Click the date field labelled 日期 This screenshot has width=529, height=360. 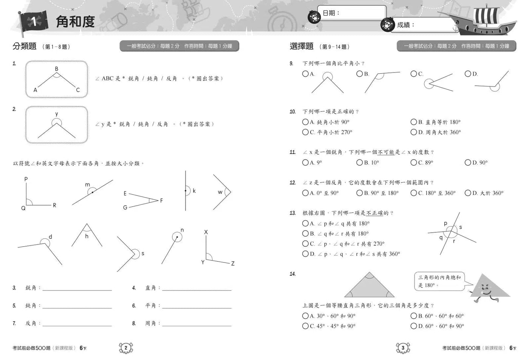click(351, 13)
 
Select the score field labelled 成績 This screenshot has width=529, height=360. click(425, 25)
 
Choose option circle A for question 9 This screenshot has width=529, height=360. click(305, 74)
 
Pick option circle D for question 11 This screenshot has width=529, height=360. click(468, 162)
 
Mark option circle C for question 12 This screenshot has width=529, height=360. click(414, 193)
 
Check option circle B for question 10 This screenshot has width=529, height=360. click(414, 122)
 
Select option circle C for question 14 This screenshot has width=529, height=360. click(305, 326)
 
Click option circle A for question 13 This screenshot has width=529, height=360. click(305, 223)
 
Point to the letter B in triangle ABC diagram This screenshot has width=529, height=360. click(57, 69)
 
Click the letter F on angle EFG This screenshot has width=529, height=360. click(161, 201)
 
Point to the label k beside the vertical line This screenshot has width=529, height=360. click(194, 191)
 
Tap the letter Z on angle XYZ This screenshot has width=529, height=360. click(233, 263)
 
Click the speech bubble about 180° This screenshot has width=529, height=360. click(439, 281)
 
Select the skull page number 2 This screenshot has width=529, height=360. click(126, 348)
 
